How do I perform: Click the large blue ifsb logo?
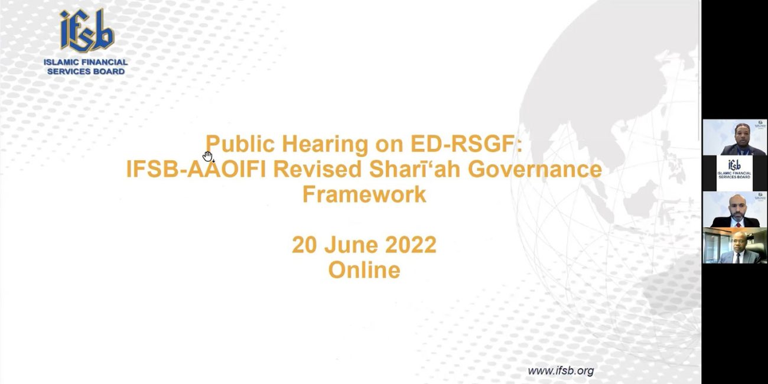[x=87, y=31]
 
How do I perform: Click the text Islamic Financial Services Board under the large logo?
[x=86, y=67]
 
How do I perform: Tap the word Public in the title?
[x=240, y=144]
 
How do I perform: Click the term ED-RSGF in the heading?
[x=466, y=144]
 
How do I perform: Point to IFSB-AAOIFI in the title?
[x=196, y=170]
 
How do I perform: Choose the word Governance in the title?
[x=535, y=170]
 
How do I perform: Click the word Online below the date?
[x=364, y=270]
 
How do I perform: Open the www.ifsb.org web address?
[x=561, y=370]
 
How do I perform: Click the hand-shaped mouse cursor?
[x=208, y=157]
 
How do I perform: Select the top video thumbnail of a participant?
[x=734, y=137]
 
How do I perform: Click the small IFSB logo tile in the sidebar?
[x=734, y=173]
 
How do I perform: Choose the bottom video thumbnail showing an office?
[x=734, y=246]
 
